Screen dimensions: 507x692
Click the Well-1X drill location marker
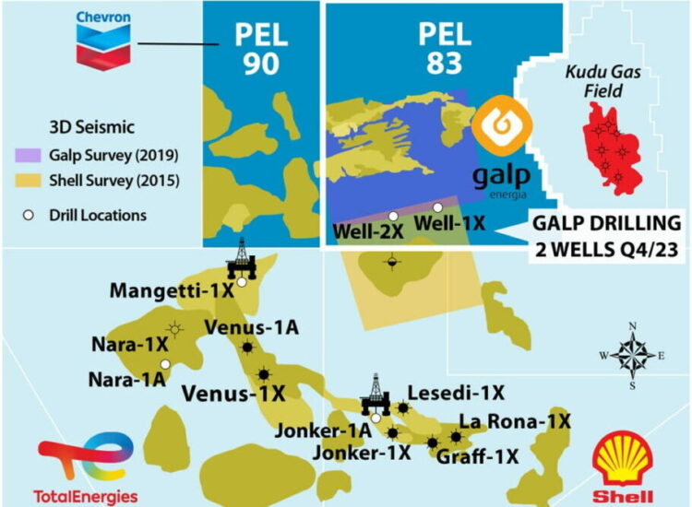(x=437, y=207)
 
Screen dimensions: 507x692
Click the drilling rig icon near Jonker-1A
(x=375, y=393)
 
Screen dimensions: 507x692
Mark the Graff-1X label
(x=478, y=455)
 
